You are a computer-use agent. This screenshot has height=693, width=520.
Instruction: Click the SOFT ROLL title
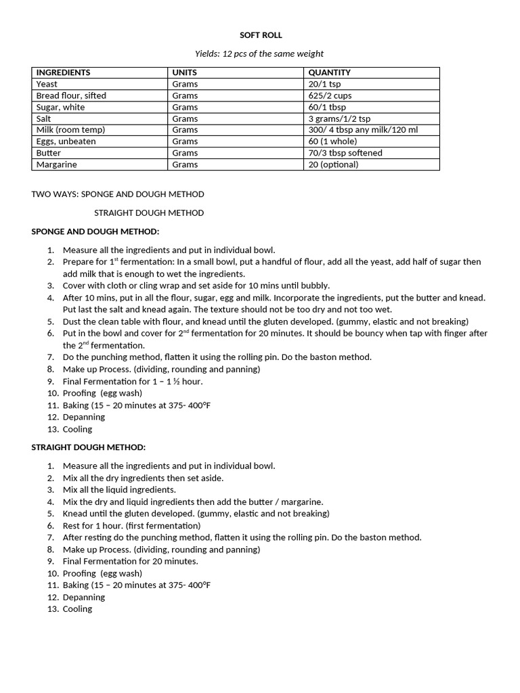[x=261, y=35]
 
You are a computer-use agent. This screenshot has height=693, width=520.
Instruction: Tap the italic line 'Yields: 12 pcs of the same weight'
[x=259, y=53]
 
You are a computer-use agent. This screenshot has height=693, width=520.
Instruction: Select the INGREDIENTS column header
[x=63, y=72]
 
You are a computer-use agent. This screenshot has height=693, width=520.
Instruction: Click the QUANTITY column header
[x=329, y=72]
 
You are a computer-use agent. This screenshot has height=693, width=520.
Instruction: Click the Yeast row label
[x=47, y=84]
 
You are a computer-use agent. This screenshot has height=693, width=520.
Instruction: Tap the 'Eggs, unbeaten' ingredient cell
[x=66, y=141]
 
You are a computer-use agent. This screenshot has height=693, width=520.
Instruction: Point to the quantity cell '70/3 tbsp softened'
[x=345, y=153]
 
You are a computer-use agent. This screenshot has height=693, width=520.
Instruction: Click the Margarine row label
[x=56, y=164]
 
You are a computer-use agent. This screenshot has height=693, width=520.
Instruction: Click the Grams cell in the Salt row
[x=185, y=118]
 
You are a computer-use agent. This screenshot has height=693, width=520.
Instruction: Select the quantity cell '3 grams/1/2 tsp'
[x=339, y=118]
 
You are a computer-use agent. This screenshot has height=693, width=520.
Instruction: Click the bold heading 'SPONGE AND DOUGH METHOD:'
[x=95, y=231]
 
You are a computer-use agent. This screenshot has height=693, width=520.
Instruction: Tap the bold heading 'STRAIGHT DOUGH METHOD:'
[x=89, y=447]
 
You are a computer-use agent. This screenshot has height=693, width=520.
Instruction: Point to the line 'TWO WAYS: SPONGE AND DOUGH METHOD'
[x=118, y=194]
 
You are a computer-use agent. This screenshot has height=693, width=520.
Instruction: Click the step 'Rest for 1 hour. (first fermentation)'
[x=131, y=526]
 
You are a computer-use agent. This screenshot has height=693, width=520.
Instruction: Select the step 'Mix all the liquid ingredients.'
[x=119, y=490]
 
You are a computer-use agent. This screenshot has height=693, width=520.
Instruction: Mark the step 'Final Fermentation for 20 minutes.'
[x=130, y=562]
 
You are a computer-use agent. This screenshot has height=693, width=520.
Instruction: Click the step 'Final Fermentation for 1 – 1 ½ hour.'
[x=133, y=382]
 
